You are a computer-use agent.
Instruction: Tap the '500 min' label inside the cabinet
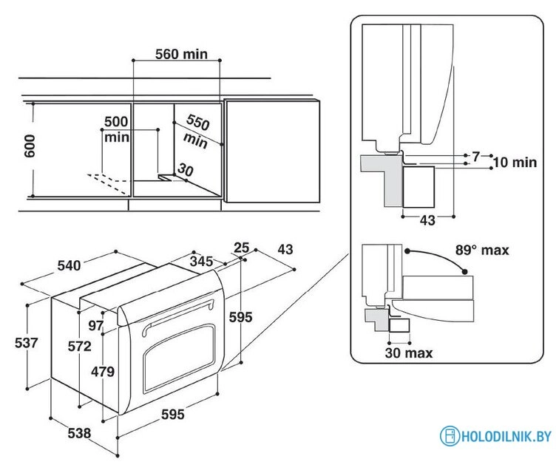tap(116, 129)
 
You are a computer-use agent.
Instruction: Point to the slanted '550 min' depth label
tap(197, 130)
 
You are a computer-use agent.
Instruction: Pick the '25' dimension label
tap(241, 247)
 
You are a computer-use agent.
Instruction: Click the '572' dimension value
tap(80, 347)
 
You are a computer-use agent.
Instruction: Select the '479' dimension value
tap(103, 372)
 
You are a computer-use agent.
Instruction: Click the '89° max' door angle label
tap(482, 251)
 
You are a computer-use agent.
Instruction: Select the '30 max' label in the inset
tap(408, 353)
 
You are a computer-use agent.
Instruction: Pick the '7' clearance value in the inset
tap(475, 155)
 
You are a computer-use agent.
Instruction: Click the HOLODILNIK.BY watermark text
tap(507, 436)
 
